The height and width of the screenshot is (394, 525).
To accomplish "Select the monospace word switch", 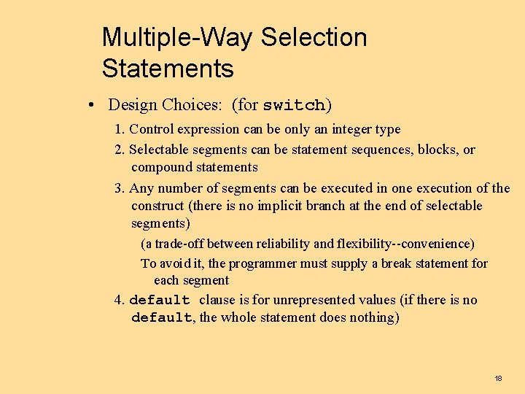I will pos(294,106).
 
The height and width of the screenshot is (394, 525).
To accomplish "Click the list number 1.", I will pos(119,130).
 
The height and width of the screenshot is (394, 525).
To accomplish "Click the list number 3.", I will pos(119,188).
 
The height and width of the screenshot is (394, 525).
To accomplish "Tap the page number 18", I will pos(498,379).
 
